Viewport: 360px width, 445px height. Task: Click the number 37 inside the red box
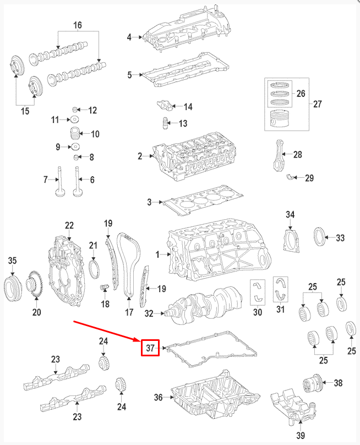(150, 348)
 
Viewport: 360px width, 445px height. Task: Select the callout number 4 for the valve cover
(129, 37)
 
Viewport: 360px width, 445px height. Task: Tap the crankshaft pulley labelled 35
(12, 287)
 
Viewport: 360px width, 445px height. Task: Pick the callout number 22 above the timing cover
(69, 225)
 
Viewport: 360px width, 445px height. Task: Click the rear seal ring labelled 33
(319, 237)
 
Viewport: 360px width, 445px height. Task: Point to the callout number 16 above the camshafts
(77, 26)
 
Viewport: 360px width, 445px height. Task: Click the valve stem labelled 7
(58, 184)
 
